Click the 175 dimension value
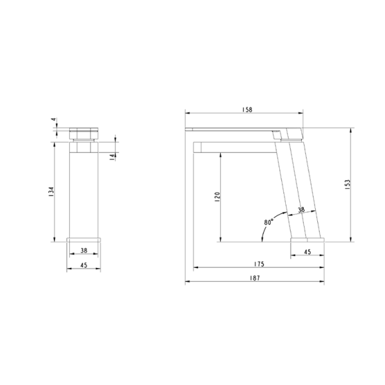point(258,264)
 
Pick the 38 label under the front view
point(84,251)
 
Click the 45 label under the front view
point(84,263)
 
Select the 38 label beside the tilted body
point(301,209)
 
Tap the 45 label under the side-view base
point(307,251)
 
